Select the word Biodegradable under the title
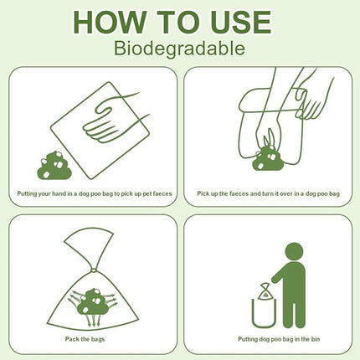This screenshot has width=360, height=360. (x=179, y=49)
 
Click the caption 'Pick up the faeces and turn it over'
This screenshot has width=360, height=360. (x=268, y=193)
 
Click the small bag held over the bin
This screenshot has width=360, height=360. (x=263, y=291)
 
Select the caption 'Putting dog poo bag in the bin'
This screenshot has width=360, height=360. (x=268, y=339)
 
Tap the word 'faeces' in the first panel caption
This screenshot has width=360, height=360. (x=154, y=193)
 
